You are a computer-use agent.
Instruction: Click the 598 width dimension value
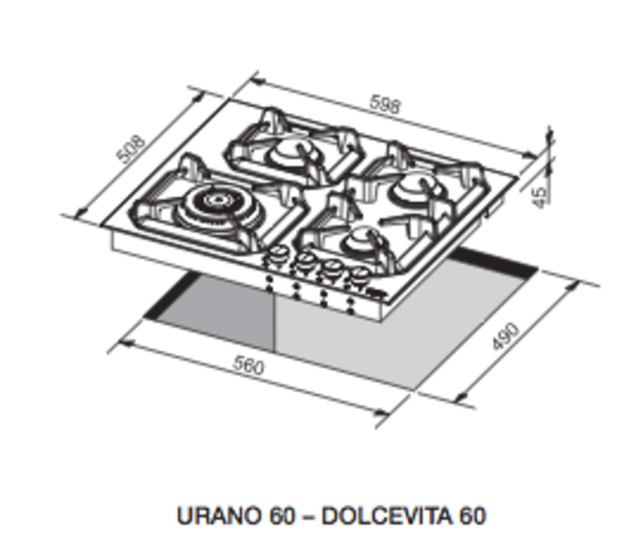pyautogui.click(x=386, y=104)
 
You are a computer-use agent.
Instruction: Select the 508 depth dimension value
pyautogui.click(x=131, y=149)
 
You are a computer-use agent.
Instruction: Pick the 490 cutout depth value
pyautogui.click(x=505, y=336)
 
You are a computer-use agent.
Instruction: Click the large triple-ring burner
pyautogui.click(x=216, y=202)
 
